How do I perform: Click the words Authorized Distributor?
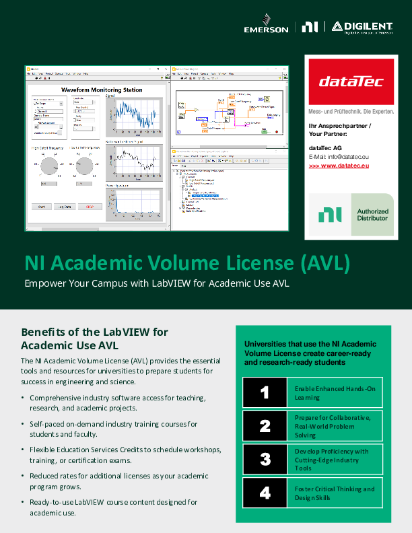point(372,215)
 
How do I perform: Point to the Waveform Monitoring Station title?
point(102,90)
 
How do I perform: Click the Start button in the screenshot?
point(40,207)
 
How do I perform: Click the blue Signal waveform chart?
point(134,118)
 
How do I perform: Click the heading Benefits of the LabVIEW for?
point(94,332)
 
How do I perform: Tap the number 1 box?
point(265,392)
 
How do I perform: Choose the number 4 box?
point(265,493)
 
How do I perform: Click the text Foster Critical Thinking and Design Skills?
point(335,493)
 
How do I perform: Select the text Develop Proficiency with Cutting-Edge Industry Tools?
point(332,460)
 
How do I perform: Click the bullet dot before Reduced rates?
point(24,475)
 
